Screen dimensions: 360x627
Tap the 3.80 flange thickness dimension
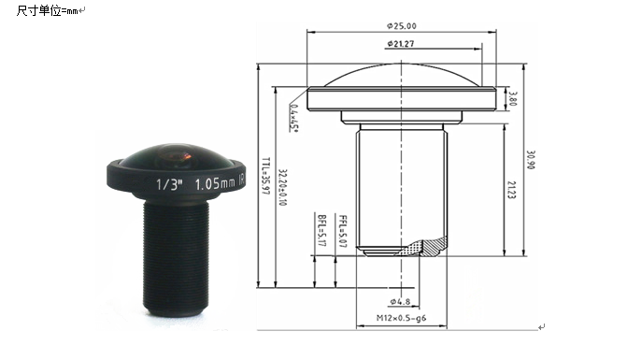click(x=511, y=98)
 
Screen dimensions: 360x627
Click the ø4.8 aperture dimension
click(x=400, y=302)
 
